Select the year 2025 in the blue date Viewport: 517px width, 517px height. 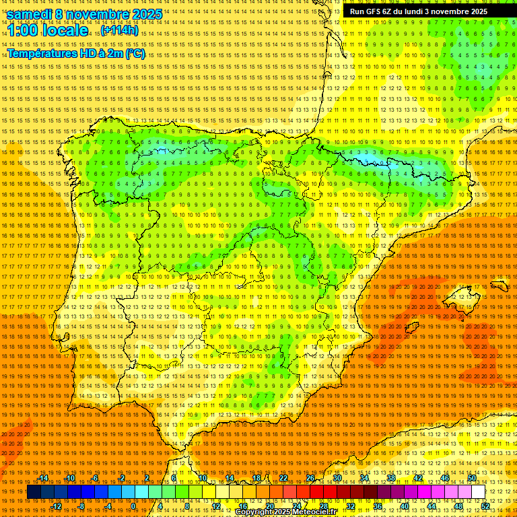(147, 14)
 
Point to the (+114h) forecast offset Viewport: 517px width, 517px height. (120, 31)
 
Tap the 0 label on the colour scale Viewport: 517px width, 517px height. (134, 506)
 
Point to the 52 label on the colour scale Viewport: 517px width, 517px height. (485, 506)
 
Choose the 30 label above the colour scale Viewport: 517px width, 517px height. (337, 478)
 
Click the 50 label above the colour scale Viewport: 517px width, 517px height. (472, 478)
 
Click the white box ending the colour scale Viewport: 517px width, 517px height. (479, 492)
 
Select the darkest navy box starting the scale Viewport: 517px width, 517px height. (34, 492)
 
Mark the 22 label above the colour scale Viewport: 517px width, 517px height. (283, 478)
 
